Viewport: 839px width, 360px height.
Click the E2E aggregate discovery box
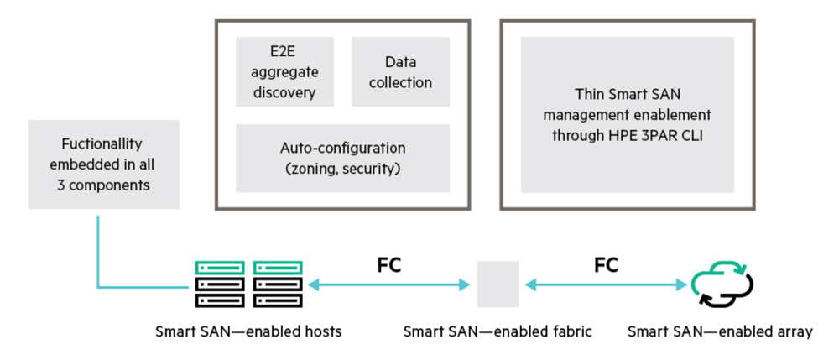pyautogui.click(x=284, y=71)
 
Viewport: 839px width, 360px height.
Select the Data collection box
pyautogui.click(x=400, y=71)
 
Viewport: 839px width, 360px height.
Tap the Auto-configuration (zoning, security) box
pyautogui.click(x=342, y=158)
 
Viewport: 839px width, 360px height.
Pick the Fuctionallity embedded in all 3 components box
pyautogui.click(x=104, y=164)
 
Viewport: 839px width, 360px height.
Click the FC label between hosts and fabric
pyautogui.click(x=389, y=265)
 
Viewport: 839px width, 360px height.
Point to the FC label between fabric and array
pyautogui.click(x=606, y=265)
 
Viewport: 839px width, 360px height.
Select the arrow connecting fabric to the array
pyautogui.click(x=606, y=285)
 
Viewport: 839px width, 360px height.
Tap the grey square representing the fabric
pyautogui.click(x=498, y=284)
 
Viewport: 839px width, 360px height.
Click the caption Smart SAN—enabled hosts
pyautogui.click(x=248, y=331)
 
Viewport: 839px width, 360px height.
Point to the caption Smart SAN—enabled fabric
pyautogui.click(x=498, y=331)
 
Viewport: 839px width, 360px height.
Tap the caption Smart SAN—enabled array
pyautogui.click(x=720, y=331)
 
